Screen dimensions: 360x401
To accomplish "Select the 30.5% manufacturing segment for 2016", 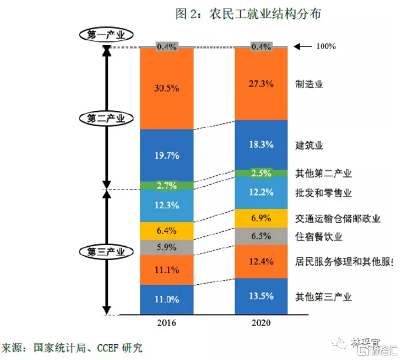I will (x=167, y=88).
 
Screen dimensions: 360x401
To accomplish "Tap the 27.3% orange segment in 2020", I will (x=262, y=83).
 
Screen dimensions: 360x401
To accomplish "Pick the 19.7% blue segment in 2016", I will (x=167, y=155).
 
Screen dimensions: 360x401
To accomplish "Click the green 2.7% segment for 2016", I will (x=167, y=186).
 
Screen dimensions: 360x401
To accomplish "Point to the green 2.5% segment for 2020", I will (x=262, y=173).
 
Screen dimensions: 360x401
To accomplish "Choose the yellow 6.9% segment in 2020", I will (x=262, y=218).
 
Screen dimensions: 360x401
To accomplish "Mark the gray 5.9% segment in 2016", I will (x=167, y=247).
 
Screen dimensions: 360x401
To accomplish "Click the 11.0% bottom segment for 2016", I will (x=167, y=299).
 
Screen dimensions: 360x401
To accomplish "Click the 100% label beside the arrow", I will (x=325, y=46).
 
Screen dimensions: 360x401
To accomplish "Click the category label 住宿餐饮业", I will (x=319, y=236).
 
